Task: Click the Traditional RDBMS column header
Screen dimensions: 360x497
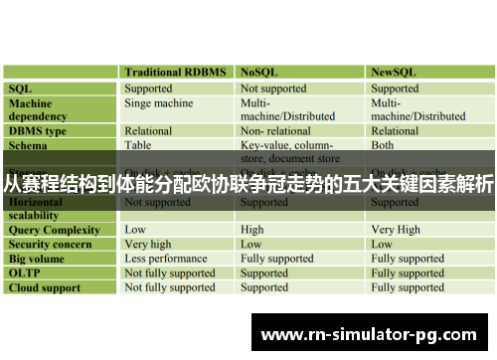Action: pyautogui.click(x=175, y=73)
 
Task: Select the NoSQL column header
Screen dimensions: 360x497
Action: pyautogui.click(x=261, y=73)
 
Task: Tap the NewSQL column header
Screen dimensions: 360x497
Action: pyautogui.click(x=394, y=73)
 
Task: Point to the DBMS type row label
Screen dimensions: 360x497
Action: pyautogui.click(x=38, y=130)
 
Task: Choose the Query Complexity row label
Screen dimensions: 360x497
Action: pyautogui.click(x=55, y=230)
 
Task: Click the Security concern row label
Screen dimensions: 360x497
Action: pyautogui.click(x=51, y=244)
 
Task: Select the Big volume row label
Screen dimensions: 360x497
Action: pyautogui.click(x=39, y=259)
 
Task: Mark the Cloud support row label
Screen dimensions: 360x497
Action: pyautogui.click(x=46, y=287)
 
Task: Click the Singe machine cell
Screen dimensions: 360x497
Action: pyautogui.click(x=159, y=102)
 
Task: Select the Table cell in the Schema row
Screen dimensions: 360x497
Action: pyautogui.click(x=138, y=144)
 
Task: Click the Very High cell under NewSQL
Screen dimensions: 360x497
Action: pyautogui.click(x=396, y=230)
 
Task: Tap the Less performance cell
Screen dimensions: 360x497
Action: pyautogui.click(x=165, y=259)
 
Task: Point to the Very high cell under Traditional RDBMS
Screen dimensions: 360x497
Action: pyautogui.click(x=148, y=244)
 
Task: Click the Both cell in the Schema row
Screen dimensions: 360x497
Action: pyautogui.click(x=383, y=144)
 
